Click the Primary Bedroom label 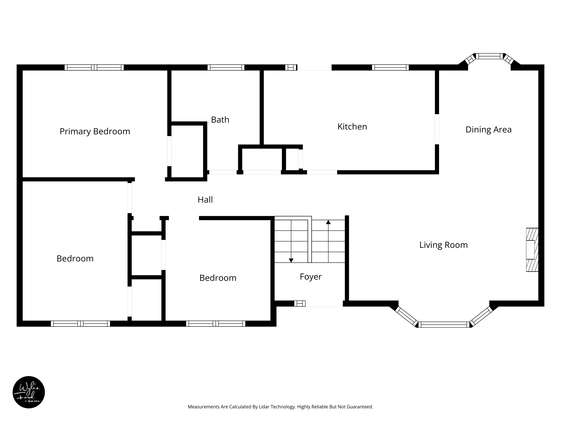(x=95, y=131)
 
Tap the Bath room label (x=220, y=120)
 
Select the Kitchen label (x=352, y=127)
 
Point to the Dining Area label (x=489, y=130)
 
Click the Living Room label (x=444, y=245)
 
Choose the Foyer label (x=311, y=277)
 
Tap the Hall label (x=205, y=200)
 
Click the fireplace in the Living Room (x=532, y=250)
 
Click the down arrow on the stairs (x=291, y=241)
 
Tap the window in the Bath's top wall (x=226, y=68)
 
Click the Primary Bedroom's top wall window (x=94, y=68)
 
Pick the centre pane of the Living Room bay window (x=444, y=325)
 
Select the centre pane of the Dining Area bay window (x=489, y=56)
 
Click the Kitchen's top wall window (x=390, y=68)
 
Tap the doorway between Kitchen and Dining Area (x=437, y=129)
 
